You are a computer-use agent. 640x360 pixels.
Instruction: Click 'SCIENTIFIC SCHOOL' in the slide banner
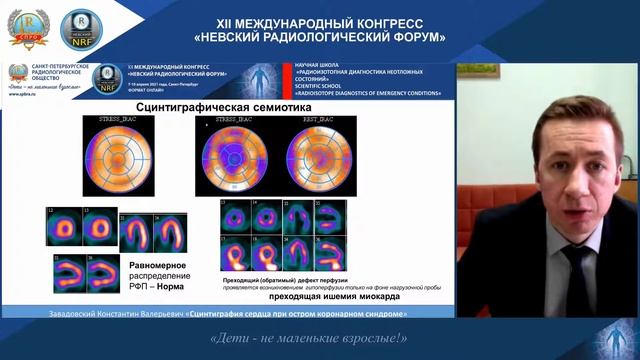point(320,88)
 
